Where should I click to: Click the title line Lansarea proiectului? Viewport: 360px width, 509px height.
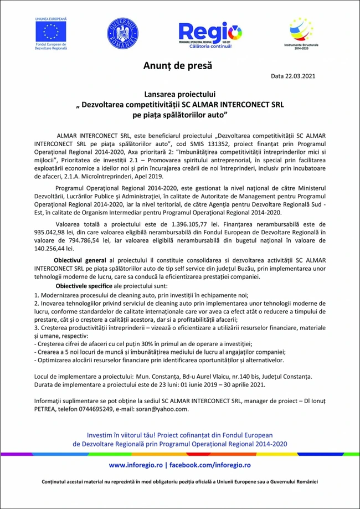[180, 95]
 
